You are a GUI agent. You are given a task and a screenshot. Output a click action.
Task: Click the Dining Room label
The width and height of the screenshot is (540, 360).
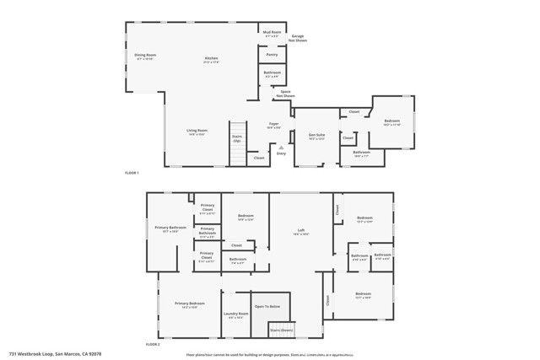pos(145,56)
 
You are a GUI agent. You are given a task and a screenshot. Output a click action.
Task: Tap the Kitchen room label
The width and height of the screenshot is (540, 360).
pos(211,59)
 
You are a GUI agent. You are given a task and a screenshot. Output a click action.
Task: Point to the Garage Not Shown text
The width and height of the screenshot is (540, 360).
pos(298,38)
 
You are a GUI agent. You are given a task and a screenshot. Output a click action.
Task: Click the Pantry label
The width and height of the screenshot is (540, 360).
pos(272,54)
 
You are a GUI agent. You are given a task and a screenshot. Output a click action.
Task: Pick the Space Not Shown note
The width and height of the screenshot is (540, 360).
pos(286,94)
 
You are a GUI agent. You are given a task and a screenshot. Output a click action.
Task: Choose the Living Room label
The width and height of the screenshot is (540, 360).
pos(197,132)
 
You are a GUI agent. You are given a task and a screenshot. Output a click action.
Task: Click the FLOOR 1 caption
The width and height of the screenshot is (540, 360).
pos(131,173)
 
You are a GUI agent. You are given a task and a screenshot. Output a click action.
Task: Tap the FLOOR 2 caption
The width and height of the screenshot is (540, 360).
pos(153,345)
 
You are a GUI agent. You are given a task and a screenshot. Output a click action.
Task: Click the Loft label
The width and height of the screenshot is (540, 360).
pos(301,231)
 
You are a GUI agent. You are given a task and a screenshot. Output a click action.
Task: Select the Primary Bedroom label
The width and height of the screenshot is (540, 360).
pos(190,304)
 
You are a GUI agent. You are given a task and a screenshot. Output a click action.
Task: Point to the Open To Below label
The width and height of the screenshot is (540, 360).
pos(272,306)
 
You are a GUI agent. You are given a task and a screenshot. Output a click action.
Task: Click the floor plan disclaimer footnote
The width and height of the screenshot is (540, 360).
pos(267,353)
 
